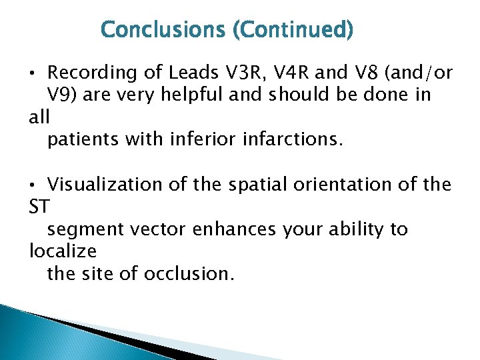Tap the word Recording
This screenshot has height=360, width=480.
pos(91,72)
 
